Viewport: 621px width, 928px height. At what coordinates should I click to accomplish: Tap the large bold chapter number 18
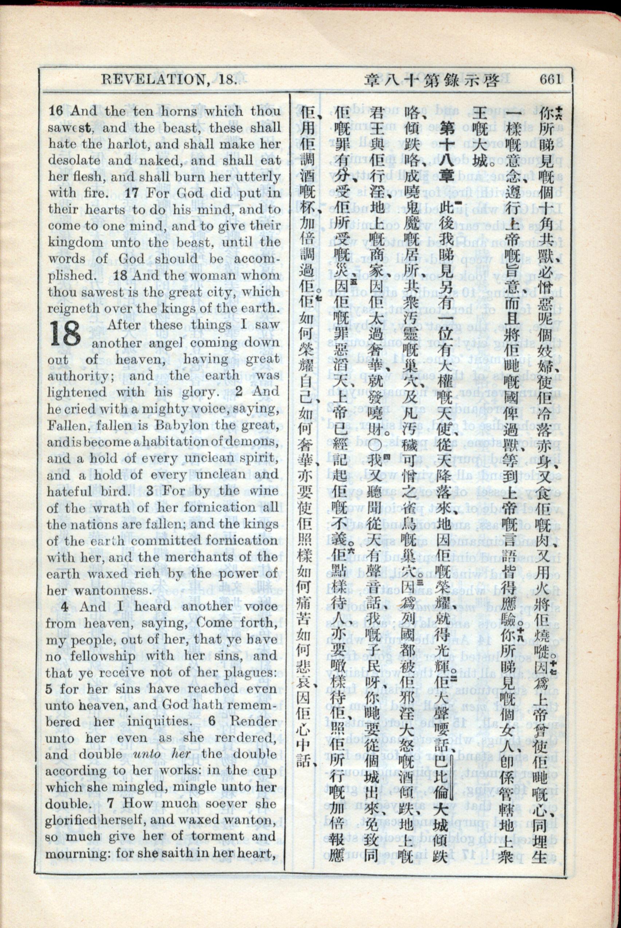coord(66,334)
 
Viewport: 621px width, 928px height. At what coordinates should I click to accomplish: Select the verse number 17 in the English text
coord(131,194)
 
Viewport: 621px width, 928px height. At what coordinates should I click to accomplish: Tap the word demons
coord(255,442)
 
